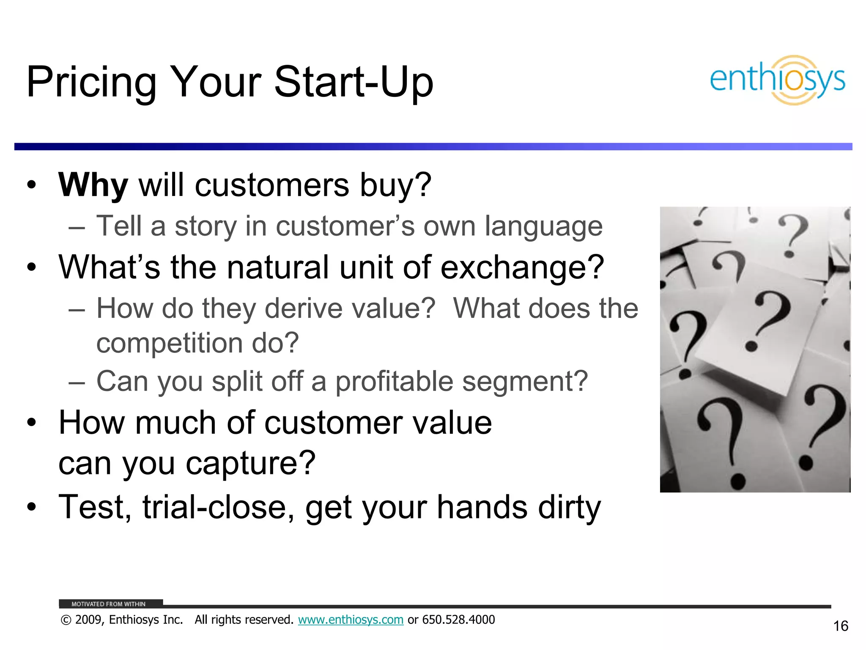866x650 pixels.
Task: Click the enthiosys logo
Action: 777,80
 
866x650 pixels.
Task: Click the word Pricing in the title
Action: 91,83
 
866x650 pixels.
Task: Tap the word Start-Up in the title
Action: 354,83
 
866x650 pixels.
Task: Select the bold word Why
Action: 93,185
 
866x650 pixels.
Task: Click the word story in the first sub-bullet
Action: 206,226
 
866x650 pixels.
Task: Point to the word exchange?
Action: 522,268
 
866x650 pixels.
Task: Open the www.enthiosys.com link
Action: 351,620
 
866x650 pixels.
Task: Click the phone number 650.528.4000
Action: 458,620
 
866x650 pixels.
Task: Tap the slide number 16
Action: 840,626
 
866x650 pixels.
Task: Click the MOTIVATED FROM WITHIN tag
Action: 108,604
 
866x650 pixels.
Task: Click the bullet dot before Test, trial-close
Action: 31,507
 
